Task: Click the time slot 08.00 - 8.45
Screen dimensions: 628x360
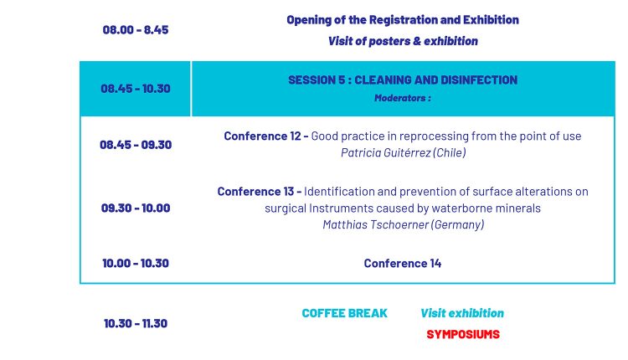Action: pos(136,30)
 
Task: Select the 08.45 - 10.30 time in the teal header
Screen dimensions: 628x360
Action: pos(136,89)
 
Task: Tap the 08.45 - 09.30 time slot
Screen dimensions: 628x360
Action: pos(136,145)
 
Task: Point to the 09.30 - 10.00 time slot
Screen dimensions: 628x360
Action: pos(136,208)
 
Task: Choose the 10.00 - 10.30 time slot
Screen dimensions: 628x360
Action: pos(136,263)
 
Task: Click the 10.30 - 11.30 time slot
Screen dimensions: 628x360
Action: pos(136,323)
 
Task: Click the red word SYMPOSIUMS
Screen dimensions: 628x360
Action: pos(463,334)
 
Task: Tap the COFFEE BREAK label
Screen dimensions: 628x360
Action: pos(344,313)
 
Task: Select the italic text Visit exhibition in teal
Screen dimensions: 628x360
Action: pos(462,313)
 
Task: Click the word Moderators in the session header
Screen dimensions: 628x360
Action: pos(399,98)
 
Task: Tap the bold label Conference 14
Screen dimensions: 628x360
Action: pos(403,263)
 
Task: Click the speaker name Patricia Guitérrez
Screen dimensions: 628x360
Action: pos(385,152)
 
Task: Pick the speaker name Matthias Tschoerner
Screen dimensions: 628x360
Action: pos(375,224)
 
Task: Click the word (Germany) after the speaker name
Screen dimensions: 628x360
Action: pos(458,224)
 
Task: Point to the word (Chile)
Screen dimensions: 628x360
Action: pos(450,152)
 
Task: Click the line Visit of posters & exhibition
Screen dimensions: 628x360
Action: pos(403,41)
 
